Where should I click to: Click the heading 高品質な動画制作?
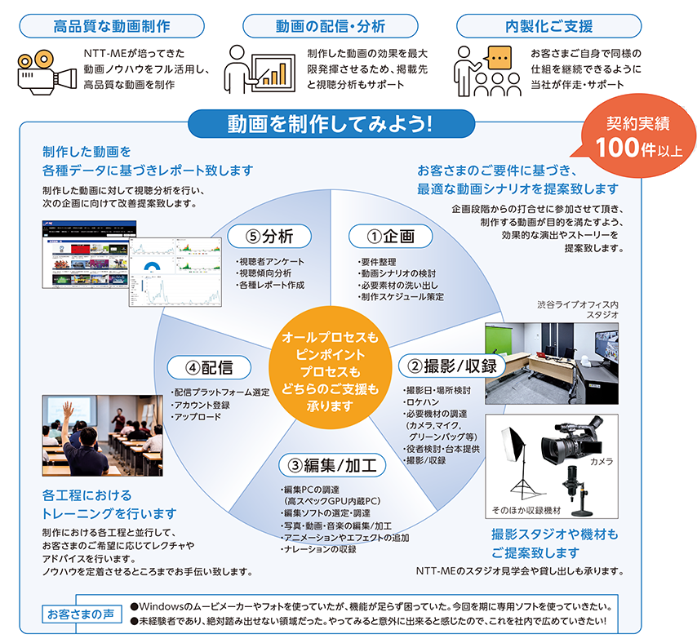112,26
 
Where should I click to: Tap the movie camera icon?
47,72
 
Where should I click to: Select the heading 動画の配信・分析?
330,26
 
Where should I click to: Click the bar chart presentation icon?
260,69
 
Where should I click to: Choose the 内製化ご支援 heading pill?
549,26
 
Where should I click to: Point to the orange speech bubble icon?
499,58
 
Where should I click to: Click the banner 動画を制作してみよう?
331,123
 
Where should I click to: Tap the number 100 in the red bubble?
617,148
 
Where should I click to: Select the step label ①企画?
390,236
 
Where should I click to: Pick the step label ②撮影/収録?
452,366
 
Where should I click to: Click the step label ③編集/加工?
332,465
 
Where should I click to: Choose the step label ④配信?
209,367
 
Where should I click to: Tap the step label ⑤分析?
269,236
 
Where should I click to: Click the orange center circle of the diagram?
330,368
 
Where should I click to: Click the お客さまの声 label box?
81,614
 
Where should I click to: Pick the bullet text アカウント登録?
202,405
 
